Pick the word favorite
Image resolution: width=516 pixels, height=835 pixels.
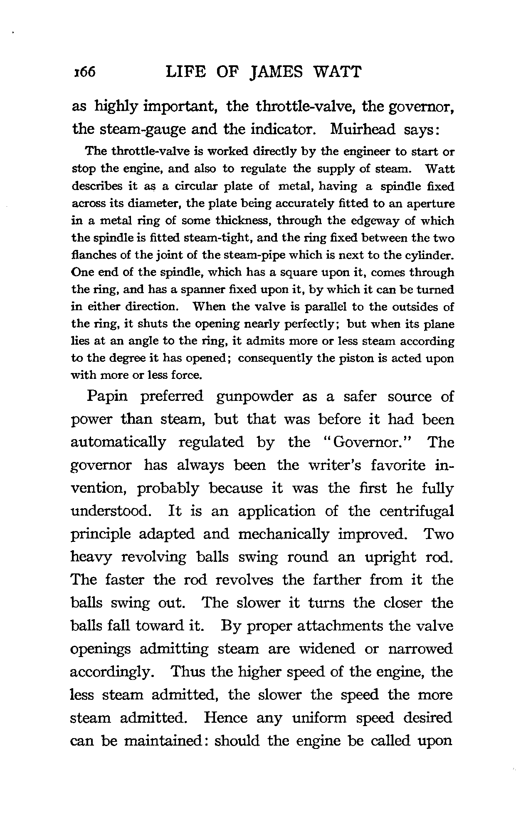(389, 465)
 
